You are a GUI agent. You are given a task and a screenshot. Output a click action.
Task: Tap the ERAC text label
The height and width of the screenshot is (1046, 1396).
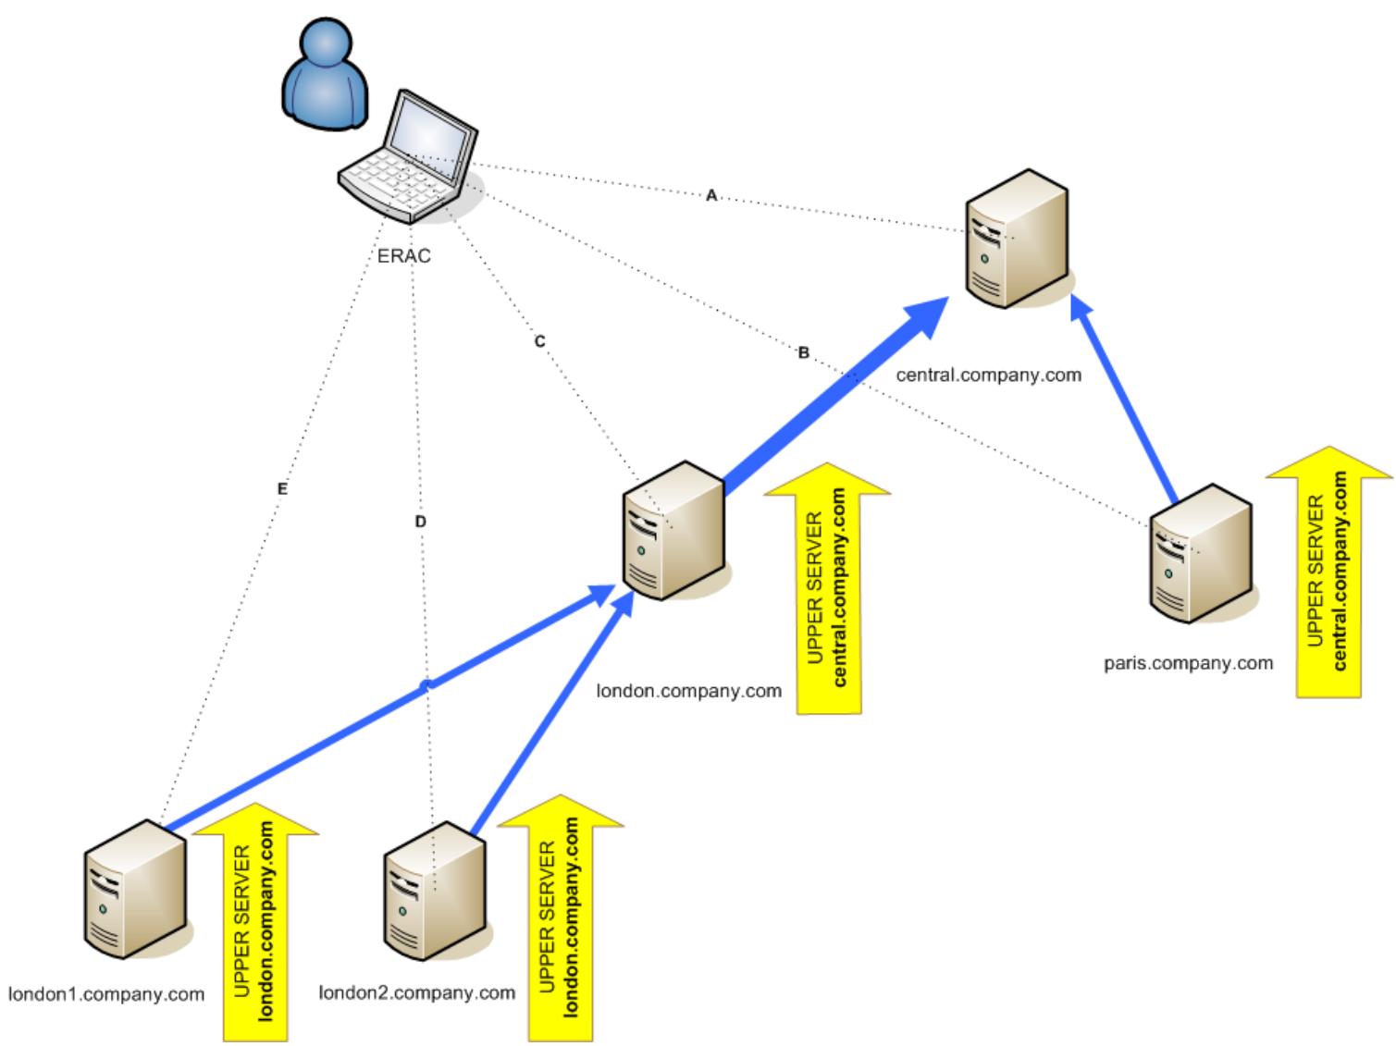[x=404, y=256]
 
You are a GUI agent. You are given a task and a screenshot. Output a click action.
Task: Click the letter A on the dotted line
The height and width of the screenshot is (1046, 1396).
[x=711, y=196]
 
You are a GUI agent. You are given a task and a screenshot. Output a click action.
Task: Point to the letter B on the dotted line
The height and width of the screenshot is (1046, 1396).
[x=803, y=352]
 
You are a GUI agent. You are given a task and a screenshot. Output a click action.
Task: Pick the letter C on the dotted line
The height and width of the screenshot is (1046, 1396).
[x=540, y=341]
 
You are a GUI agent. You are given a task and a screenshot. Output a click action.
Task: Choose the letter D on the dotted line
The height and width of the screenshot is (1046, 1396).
[x=421, y=522]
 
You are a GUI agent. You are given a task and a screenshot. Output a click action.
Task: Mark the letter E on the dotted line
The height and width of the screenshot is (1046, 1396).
[x=282, y=489]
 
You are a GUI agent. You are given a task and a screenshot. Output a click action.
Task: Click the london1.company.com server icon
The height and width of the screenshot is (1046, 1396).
[x=135, y=887]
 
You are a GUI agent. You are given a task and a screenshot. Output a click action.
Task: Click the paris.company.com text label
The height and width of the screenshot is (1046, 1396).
[x=1188, y=663]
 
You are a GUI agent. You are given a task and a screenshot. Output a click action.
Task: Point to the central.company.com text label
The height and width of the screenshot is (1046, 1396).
[x=988, y=375]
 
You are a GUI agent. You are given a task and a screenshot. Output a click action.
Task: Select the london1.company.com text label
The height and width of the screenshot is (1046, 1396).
[x=106, y=994]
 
